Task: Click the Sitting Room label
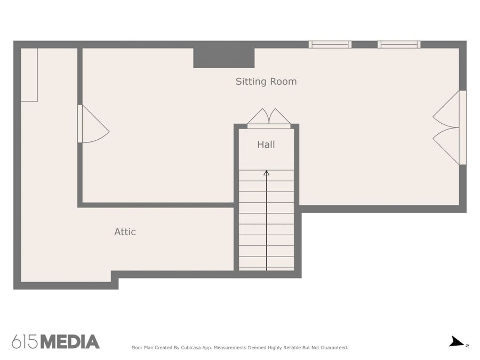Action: click(x=266, y=82)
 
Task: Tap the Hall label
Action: click(x=266, y=145)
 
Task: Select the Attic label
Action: click(x=125, y=232)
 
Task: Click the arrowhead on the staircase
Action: click(x=266, y=173)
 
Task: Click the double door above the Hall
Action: click(x=269, y=118)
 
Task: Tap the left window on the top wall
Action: click(x=330, y=45)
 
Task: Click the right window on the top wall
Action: click(x=399, y=45)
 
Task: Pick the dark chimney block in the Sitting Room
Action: click(x=224, y=58)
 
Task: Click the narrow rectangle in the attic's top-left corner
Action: click(x=29, y=75)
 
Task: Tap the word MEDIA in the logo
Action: click(x=70, y=342)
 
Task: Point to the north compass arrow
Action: click(x=456, y=342)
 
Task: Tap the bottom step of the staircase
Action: click(x=266, y=269)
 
